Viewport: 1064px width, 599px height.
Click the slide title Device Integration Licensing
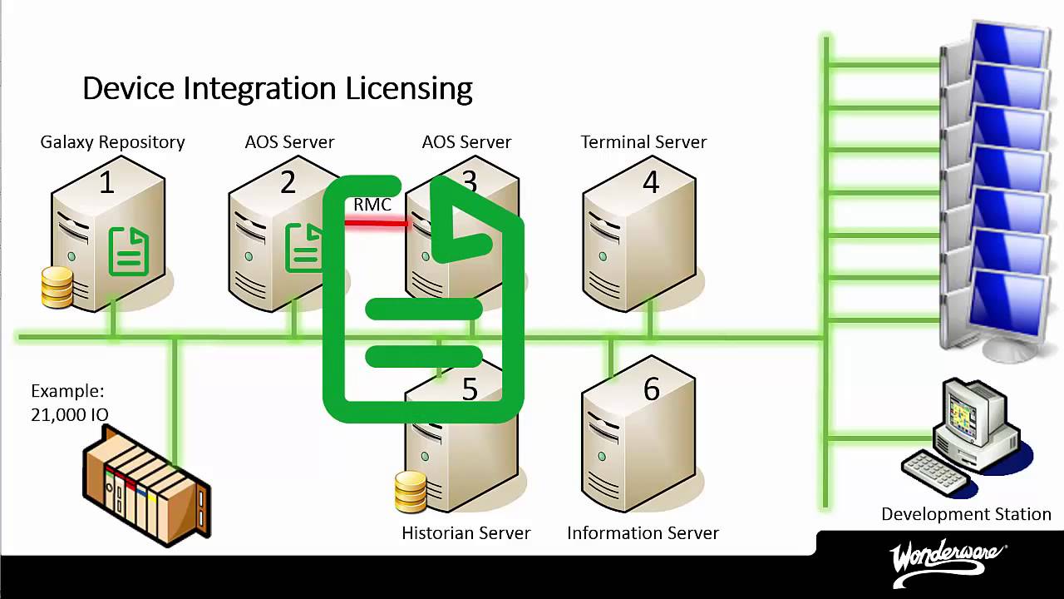click(277, 88)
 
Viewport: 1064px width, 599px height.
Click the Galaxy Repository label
click(112, 142)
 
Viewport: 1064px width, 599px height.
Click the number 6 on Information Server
click(651, 389)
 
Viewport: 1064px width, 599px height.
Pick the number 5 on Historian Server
click(470, 389)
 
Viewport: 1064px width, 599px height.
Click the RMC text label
click(372, 205)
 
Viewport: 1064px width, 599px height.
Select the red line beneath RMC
click(376, 222)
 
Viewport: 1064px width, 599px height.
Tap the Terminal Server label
click(643, 142)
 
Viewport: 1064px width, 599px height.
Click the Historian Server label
click(465, 533)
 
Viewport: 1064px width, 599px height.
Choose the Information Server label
click(643, 533)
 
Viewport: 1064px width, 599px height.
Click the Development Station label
click(966, 514)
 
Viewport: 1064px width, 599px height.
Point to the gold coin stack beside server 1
click(57, 287)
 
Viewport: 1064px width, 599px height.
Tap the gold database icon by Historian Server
click(411, 491)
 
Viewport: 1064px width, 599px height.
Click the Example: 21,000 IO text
click(69, 403)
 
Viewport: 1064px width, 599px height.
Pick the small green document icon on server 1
click(129, 252)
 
